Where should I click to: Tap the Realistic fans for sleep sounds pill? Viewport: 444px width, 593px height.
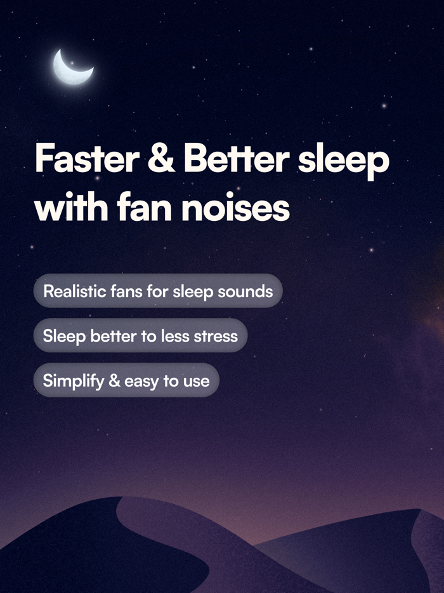pos(157,291)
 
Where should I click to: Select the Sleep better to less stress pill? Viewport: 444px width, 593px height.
pos(140,336)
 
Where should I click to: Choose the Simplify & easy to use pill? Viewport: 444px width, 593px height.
pos(126,381)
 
